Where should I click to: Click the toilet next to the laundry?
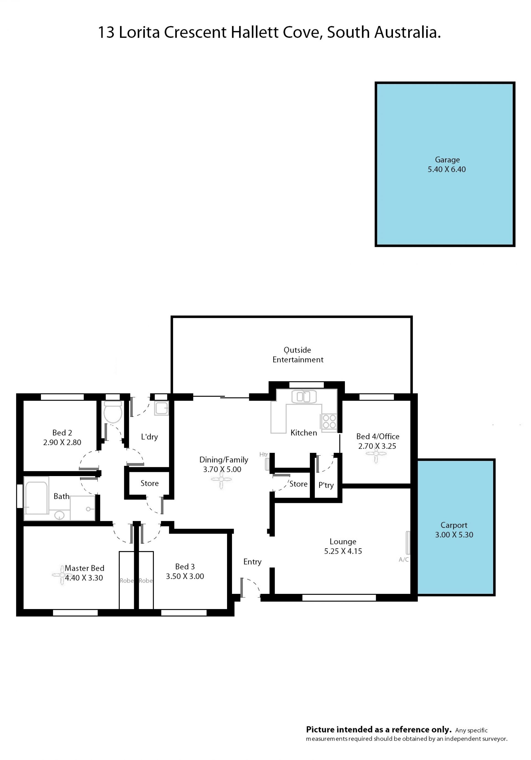tap(113, 412)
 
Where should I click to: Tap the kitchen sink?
tap(304, 396)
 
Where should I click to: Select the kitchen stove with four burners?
tap(329, 421)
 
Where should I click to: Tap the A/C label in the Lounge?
tap(404, 559)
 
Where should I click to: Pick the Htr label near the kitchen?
tap(264, 455)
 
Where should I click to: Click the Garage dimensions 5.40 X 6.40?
tap(447, 169)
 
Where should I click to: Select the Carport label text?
tap(454, 525)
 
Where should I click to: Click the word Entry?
tap(252, 562)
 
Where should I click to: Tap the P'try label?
tap(326, 485)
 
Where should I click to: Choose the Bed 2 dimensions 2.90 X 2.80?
tap(62, 442)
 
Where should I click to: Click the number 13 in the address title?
tap(106, 32)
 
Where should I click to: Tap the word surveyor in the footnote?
tap(494, 738)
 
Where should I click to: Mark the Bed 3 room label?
tap(185, 567)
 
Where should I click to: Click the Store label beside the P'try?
tap(298, 484)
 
